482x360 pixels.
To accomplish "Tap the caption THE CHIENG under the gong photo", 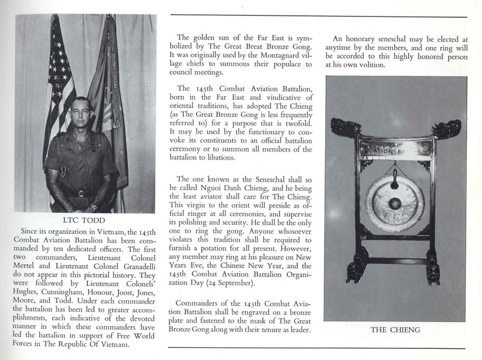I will (x=395, y=330).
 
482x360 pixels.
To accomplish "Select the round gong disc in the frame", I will (x=394, y=202).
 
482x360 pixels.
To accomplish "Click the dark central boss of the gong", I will (x=394, y=203).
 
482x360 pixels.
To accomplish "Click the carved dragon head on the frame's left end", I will (x=345, y=128).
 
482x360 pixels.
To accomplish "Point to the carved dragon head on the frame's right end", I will (x=446, y=129).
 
